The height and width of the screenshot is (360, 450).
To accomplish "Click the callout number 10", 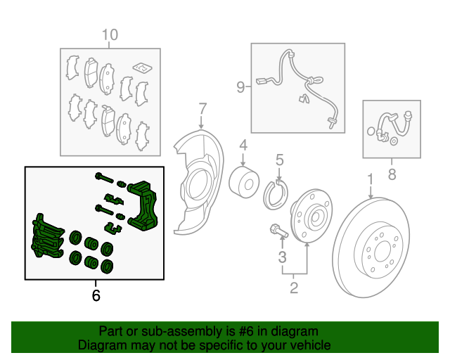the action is click(x=110, y=35).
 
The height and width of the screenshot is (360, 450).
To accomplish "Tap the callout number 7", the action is click(x=202, y=109).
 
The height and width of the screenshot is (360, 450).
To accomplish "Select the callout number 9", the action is click(x=240, y=86).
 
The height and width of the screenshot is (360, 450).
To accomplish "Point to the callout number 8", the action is click(x=392, y=174).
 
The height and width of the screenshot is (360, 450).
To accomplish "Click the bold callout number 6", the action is click(x=96, y=295).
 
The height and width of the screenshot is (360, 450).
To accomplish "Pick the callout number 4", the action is click(x=243, y=146).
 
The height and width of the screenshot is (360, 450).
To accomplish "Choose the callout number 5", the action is click(x=280, y=160).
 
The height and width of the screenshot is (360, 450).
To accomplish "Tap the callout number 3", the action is click(x=283, y=257).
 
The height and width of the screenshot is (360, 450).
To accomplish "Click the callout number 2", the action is click(x=294, y=288).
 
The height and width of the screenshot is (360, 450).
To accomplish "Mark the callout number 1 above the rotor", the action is click(x=371, y=179).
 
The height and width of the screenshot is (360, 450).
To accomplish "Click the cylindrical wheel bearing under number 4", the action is click(x=244, y=182).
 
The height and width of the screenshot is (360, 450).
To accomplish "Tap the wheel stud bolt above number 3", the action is click(x=279, y=231).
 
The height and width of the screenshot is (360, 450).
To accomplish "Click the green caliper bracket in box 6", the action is click(x=143, y=206).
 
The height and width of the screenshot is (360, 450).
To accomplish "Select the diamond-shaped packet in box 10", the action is click(x=142, y=67).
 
